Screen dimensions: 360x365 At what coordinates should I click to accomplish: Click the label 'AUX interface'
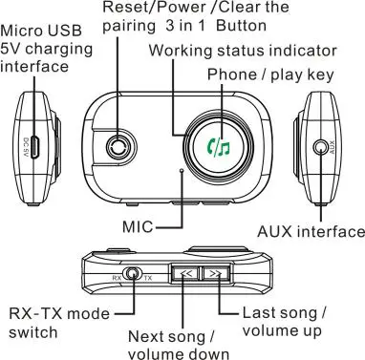coord(311,231)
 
